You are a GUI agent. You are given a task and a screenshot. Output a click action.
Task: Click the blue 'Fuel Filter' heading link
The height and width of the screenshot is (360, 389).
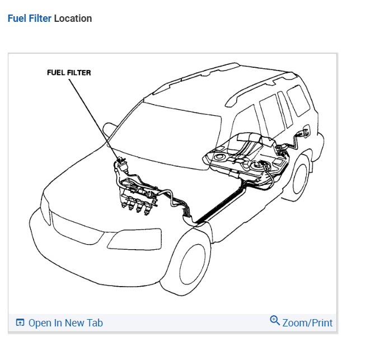30,18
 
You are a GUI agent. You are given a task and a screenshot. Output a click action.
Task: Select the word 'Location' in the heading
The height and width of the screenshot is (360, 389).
73,18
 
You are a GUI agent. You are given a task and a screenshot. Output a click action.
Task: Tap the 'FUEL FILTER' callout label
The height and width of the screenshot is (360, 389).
69,73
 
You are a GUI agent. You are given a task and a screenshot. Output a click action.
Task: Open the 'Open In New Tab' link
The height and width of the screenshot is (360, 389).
65,323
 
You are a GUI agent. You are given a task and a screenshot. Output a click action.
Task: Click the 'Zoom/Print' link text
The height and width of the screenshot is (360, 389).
307,323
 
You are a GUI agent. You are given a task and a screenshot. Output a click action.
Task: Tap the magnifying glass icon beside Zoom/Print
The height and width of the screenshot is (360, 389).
275,321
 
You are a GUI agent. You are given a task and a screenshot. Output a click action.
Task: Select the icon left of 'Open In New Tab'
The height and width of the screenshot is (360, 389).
21,323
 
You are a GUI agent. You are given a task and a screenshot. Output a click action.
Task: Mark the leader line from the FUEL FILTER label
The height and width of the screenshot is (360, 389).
92,118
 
